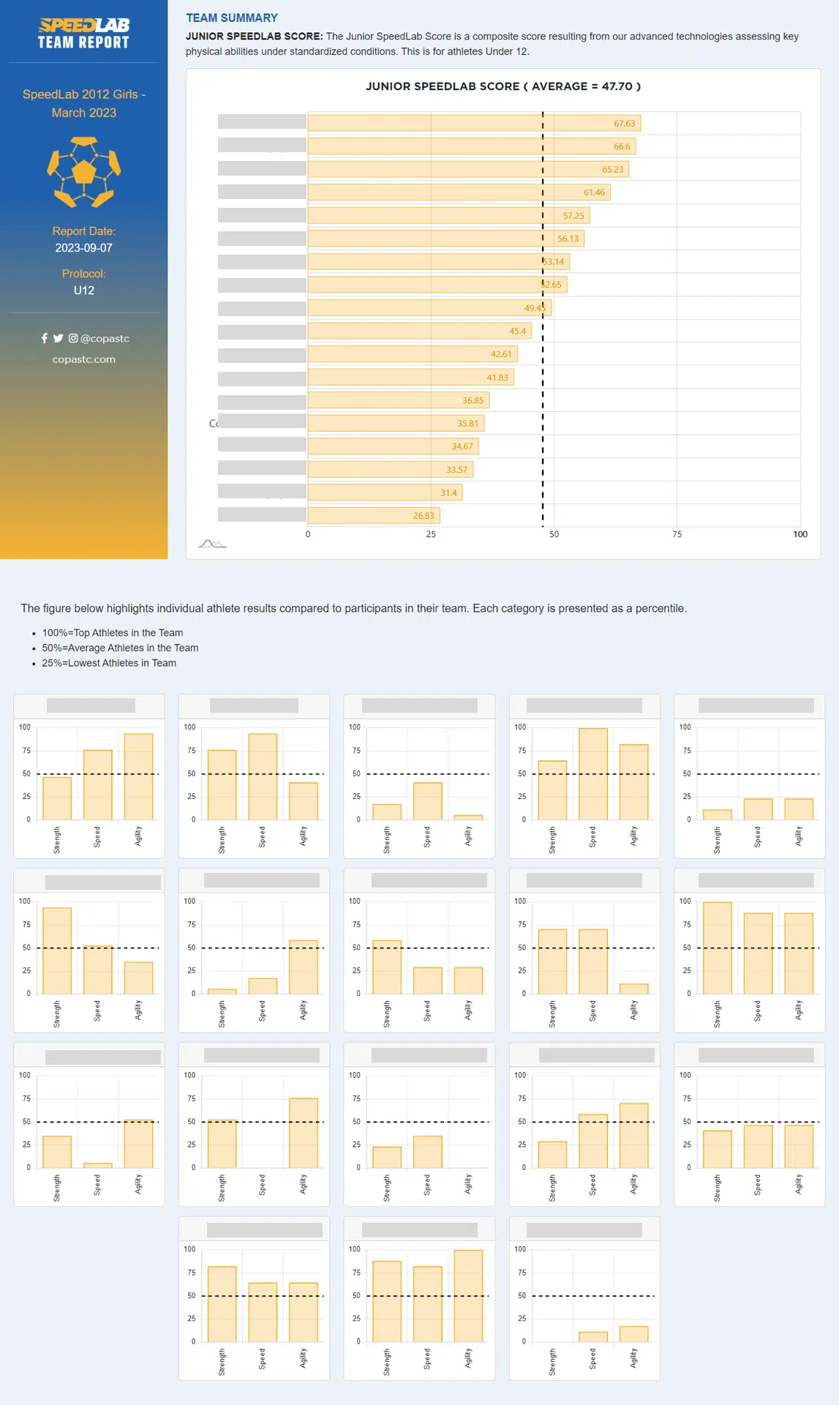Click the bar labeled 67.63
tap(473, 123)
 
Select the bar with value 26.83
tap(373, 516)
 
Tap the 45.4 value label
tap(517, 331)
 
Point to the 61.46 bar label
tap(594, 192)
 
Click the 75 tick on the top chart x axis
tap(677, 534)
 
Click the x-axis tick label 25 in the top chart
tap(431, 534)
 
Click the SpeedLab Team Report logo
tap(84, 34)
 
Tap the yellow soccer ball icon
tap(84, 172)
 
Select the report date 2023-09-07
tap(84, 248)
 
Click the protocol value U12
tap(84, 291)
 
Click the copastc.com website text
tap(84, 359)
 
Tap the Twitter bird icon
tap(59, 338)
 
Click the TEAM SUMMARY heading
tap(232, 18)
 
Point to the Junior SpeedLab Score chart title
tap(503, 86)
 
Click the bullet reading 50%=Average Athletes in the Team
tap(120, 648)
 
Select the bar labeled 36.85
tap(398, 400)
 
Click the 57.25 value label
tap(573, 216)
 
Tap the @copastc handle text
tap(105, 338)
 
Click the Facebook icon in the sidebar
tap(45, 338)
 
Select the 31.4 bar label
tap(448, 493)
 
